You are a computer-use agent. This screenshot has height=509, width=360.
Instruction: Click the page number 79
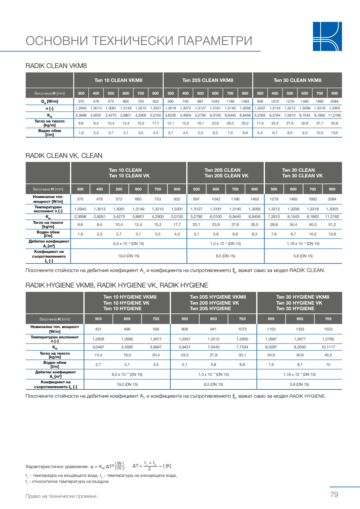(x=334, y=495)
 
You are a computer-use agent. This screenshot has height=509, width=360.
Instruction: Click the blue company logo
(x=327, y=36)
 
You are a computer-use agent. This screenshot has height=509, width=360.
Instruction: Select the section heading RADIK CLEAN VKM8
(x=56, y=66)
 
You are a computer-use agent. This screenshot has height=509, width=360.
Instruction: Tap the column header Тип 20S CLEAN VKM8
(x=208, y=80)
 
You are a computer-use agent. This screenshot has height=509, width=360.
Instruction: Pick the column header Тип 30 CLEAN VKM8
(x=297, y=80)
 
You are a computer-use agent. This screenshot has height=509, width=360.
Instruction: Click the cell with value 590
(x=171, y=101)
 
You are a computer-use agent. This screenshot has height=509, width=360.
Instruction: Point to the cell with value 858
(x=260, y=101)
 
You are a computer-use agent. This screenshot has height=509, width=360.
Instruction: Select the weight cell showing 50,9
(x=335, y=123)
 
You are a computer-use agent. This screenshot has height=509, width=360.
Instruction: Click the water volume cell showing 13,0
(x=335, y=132)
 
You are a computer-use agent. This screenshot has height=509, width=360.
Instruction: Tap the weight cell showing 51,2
(x=332, y=225)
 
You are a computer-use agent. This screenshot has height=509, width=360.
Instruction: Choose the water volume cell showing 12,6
(x=332, y=234)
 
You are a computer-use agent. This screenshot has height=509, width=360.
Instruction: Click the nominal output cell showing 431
(x=98, y=329)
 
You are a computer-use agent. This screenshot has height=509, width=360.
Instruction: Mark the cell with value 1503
(x=328, y=329)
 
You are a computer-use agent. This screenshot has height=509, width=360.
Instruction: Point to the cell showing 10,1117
(x=328, y=347)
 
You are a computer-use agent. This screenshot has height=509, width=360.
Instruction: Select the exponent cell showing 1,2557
(x=185, y=339)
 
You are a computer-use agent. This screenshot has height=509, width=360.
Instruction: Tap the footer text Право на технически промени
(x=61, y=496)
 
